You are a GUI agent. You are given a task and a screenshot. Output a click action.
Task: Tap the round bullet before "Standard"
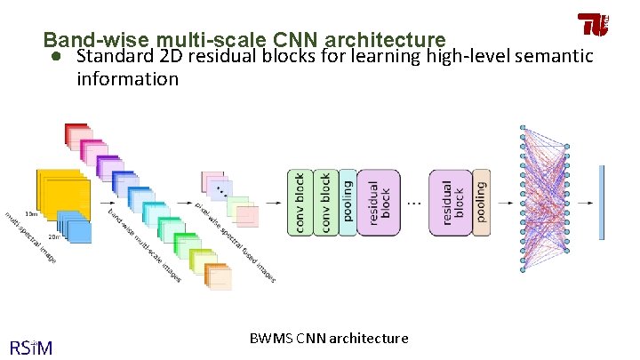55,57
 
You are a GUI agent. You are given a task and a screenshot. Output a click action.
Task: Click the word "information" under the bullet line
127,78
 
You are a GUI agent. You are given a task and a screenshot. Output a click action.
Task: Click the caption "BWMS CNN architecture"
329,339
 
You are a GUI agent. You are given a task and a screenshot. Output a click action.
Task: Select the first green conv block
300,203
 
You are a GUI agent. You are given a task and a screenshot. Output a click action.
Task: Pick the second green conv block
324,203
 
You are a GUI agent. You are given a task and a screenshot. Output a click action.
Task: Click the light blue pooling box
347,203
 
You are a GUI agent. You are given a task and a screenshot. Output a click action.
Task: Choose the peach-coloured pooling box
481,203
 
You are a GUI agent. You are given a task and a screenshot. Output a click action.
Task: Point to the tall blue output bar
602,203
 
